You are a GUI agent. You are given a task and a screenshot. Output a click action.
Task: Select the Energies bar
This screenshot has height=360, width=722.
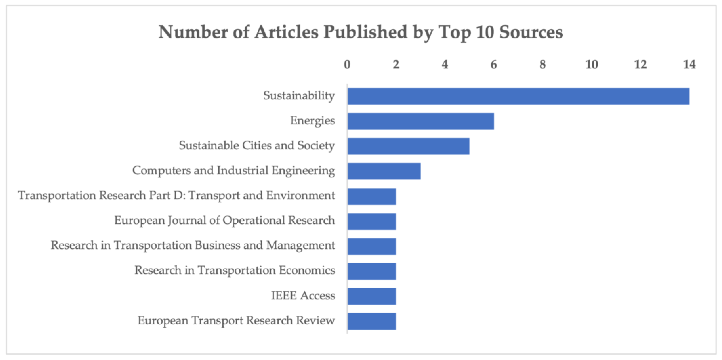(420, 121)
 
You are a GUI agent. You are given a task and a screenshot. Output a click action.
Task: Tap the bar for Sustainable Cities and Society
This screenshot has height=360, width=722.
(408, 146)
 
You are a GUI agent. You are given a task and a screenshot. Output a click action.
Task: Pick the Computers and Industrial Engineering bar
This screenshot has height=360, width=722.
(384, 171)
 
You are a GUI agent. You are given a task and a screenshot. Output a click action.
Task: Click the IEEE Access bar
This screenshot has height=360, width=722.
(372, 296)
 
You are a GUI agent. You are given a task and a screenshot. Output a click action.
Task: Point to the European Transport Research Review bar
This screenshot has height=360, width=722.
(372, 321)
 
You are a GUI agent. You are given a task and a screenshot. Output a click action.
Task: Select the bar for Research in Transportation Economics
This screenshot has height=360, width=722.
(372, 271)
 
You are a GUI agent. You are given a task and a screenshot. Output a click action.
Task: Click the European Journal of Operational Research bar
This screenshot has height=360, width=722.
(372, 221)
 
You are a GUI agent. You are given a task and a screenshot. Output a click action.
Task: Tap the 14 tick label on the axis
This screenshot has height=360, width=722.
(689, 64)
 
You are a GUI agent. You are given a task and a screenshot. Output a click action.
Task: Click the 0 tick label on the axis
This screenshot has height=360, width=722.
(347, 64)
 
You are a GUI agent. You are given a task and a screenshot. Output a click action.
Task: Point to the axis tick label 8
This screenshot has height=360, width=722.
(543, 64)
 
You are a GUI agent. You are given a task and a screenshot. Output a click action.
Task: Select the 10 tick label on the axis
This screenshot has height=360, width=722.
(591, 64)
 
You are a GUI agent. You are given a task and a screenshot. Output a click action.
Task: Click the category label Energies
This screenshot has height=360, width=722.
(313, 121)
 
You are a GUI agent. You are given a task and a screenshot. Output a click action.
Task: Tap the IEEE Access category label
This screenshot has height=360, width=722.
(303, 296)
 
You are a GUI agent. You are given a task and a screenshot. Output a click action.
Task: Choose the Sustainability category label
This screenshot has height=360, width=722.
(299, 96)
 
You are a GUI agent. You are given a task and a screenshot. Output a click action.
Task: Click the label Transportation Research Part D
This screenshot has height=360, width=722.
(177, 195)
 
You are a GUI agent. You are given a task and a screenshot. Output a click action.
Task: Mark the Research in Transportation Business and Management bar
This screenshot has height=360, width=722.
(372, 246)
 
